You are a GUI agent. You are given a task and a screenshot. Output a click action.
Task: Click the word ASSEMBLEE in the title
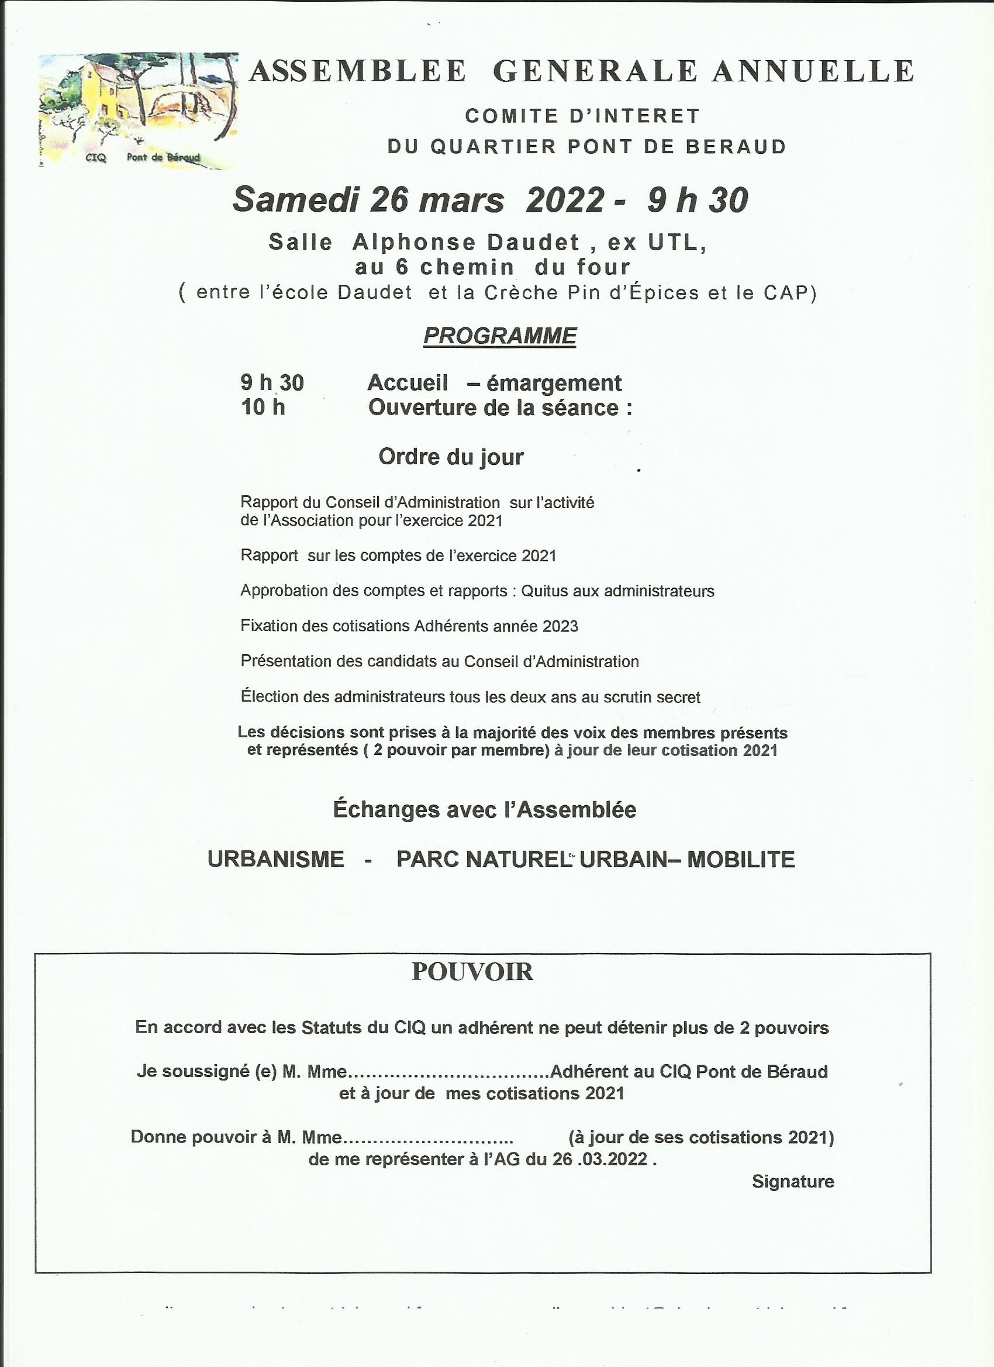(358, 72)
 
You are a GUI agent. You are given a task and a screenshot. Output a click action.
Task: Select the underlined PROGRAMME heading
(500, 336)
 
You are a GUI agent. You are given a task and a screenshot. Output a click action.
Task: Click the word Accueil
(408, 383)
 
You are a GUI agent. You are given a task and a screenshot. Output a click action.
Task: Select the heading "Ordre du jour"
(451, 457)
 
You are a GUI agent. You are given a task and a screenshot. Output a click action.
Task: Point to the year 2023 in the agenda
(560, 626)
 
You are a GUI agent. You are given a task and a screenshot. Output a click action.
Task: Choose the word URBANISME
(275, 859)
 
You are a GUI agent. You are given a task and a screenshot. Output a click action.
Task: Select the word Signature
(793, 1181)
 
